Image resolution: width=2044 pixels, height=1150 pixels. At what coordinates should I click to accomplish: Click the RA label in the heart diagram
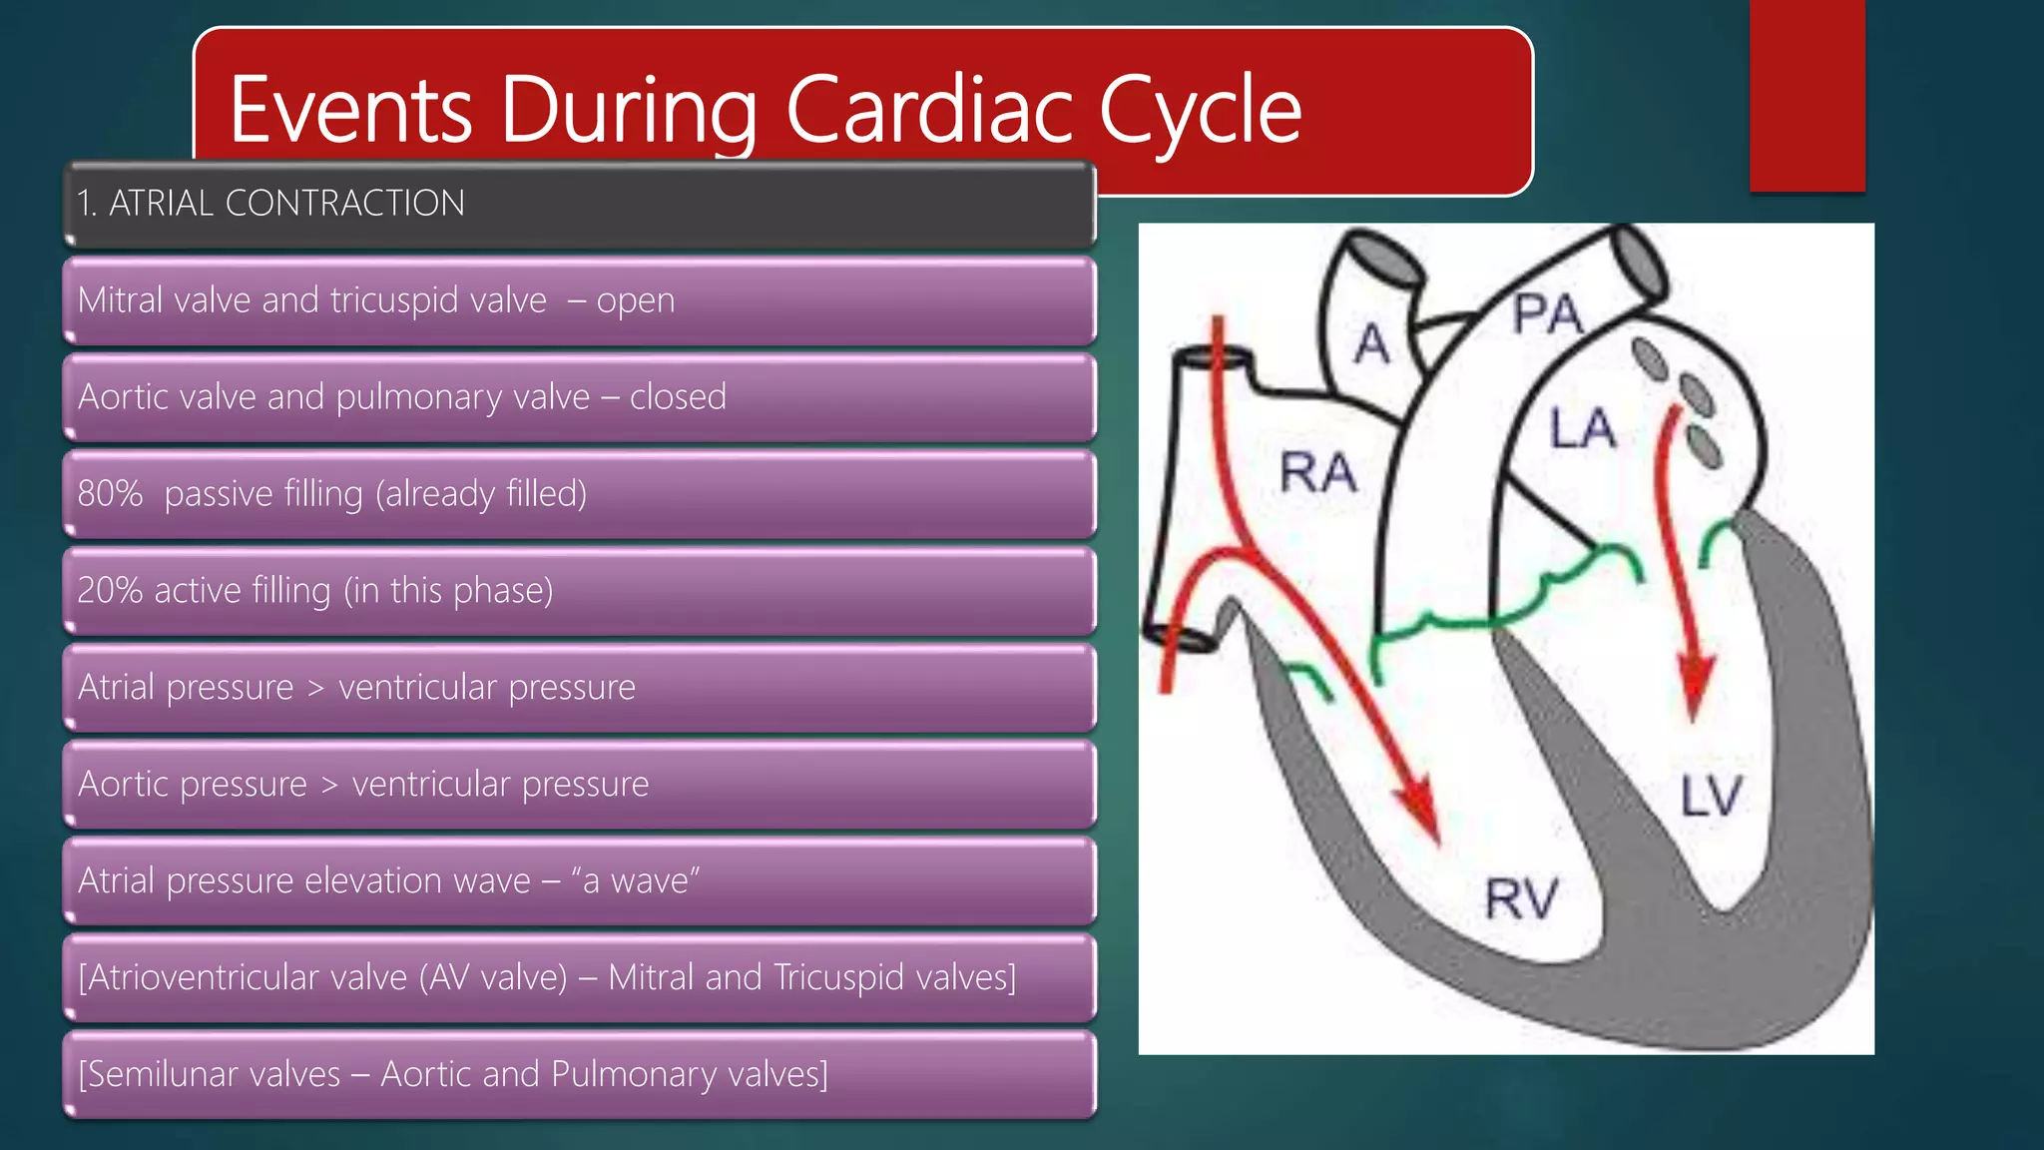[x=1317, y=472]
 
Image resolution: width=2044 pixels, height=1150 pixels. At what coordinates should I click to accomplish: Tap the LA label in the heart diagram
[x=1582, y=428]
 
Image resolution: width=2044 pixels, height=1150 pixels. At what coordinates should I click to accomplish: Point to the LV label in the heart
[x=1711, y=797]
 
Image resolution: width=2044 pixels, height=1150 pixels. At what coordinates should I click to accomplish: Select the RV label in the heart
[x=1520, y=897]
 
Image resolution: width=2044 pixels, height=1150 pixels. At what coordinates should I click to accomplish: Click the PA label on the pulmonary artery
[x=1546, y=314]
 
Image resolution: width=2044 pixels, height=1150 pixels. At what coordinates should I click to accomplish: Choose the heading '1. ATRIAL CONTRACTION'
[x=271, y=204]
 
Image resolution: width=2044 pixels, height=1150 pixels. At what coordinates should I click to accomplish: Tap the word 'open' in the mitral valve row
[x=636, y=300]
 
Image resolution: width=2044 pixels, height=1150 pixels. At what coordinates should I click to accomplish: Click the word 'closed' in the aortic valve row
[x=678, y=397]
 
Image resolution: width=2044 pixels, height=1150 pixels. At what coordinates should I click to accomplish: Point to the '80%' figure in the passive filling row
[x=110, y=493]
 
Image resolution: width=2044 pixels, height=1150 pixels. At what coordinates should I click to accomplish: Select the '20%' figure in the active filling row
[x=110, y=590]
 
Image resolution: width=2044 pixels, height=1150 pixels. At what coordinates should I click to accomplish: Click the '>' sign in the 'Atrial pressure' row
[x=315, y=688]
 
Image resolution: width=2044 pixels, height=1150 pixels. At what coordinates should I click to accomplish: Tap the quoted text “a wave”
[x=635, y=880]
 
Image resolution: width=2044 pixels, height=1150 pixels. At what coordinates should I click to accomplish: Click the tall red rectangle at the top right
[x=1806, y=95]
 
